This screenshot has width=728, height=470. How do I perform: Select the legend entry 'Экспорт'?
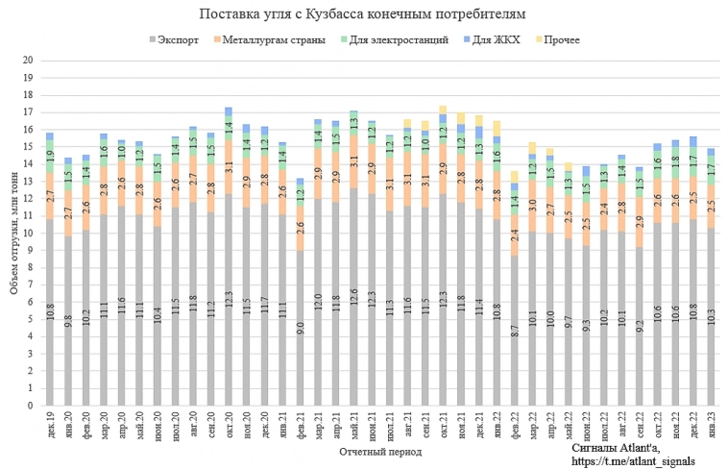point(178,40)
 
